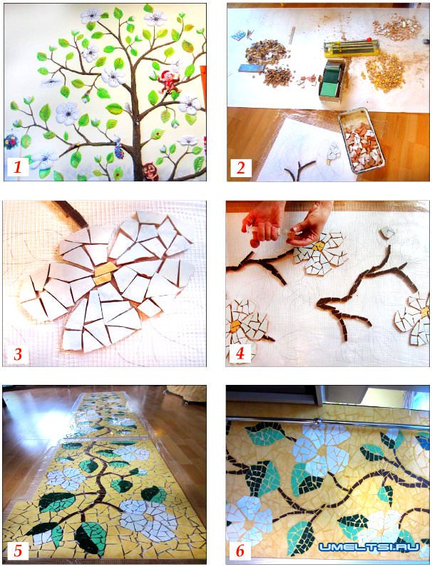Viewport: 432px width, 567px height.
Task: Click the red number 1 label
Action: coord(16,167)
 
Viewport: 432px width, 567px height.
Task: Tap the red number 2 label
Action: coord(240,168)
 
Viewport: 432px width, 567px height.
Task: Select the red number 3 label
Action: coord(18,354)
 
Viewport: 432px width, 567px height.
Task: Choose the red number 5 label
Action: coord(18,551)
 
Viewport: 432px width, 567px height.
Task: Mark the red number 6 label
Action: coord(240,551)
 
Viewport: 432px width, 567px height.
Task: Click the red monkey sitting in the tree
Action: coord(168,81)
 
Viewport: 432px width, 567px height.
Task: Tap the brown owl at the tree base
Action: coord(150,172)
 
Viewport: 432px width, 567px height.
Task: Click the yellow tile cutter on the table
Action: coord(351,48)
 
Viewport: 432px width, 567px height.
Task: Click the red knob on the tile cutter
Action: coord(369,39)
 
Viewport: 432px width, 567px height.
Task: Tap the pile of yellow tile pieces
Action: coord(385,73)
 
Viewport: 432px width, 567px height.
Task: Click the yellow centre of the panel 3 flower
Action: coord(104,274)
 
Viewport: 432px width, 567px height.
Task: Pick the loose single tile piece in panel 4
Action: coord(387,233)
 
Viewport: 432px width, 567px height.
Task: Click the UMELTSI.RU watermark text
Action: coord(369,547)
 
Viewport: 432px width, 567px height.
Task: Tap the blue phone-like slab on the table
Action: coord(249,69)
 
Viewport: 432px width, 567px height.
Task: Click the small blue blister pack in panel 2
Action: coord(238,36)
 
